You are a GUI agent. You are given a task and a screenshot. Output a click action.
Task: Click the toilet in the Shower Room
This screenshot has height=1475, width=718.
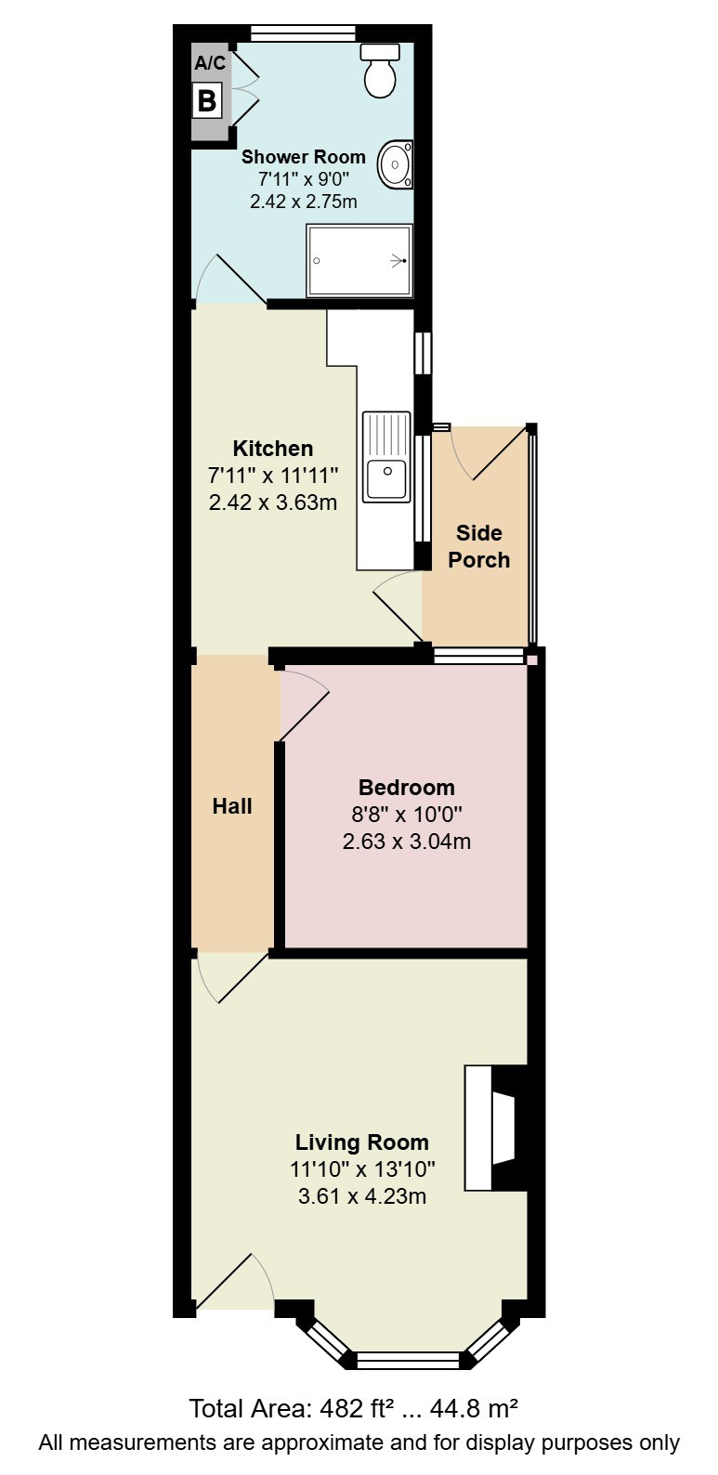click(x=380, y=71)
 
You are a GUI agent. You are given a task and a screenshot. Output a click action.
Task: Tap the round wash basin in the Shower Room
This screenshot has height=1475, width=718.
click(x=396, y=163)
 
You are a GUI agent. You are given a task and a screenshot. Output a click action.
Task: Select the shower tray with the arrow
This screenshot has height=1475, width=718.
click(x=359, y=261)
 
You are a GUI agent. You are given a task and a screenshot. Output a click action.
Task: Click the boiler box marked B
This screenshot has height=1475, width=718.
click(x=207, y=100)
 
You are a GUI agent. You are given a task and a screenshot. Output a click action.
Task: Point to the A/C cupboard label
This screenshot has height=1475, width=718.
click(x=210, y=63)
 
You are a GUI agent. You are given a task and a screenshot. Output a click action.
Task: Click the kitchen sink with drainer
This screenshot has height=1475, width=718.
click(x=386, y=457)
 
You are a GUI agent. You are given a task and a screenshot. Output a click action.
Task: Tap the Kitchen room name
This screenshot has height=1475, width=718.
click(x=273, y=449)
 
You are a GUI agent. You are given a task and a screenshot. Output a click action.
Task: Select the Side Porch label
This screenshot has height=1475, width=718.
click(x=479, y=546)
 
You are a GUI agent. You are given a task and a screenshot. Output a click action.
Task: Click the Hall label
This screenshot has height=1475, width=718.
click(x=232, y=806)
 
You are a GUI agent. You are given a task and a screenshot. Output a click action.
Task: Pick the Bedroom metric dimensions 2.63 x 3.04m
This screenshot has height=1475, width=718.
click(x=407, y=841)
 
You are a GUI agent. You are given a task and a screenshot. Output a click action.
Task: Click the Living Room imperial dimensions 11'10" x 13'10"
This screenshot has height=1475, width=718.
click(x=362, y=1168)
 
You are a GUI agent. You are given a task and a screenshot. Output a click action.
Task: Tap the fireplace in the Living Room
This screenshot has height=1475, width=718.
click(x=496, y=1128)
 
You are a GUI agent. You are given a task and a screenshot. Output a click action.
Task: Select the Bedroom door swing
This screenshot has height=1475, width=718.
click(x=305, y=705)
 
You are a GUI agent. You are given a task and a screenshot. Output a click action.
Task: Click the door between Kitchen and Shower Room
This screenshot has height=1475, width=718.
click(x=230, y=280)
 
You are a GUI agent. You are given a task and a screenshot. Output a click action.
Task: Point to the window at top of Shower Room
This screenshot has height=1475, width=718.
click(x=304, y=33)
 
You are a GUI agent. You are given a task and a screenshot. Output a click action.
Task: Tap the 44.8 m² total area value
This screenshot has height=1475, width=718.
click(x=474, y=1409)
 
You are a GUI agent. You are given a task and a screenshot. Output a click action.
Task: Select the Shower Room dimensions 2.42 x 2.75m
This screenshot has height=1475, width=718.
click(x=303, y=201)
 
